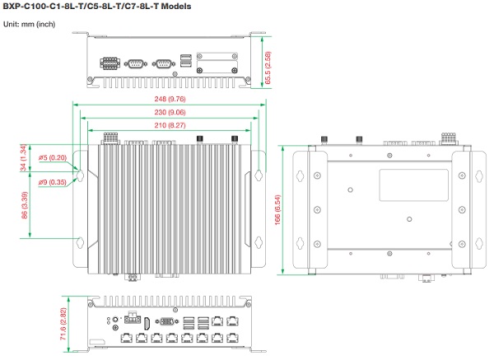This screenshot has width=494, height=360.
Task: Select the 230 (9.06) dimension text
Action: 168,112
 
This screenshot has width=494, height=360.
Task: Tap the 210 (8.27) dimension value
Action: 168,124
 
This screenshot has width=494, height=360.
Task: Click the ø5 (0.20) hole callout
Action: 54,157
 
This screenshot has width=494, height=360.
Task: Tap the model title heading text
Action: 96,7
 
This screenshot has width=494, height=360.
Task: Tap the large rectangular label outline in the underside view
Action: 413,182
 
